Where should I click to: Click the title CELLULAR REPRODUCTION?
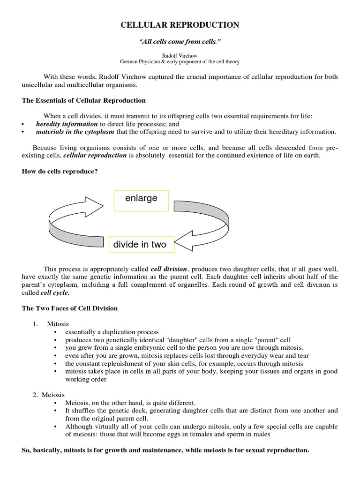pyautogui.click(x=180, y=25)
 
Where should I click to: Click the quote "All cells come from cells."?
pyautogui.click(x=180, y=42)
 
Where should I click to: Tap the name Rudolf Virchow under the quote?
pyautogui.click(x=180, y=55)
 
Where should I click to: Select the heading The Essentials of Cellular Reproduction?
pyautogui.click(x=84, y=100)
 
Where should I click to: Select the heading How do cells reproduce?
pyautogui.click(x=60, y=172)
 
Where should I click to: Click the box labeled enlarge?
pyautogui.click(x=142, y=199)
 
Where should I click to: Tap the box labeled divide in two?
pyautogui.click(x=140, y=244)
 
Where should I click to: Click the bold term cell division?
pyautogui.click(x=169, y=269)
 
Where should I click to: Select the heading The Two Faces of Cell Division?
pyautogui.click(x=70, y=308)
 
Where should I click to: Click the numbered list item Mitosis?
pyautogui.click(x=58, y=324)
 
